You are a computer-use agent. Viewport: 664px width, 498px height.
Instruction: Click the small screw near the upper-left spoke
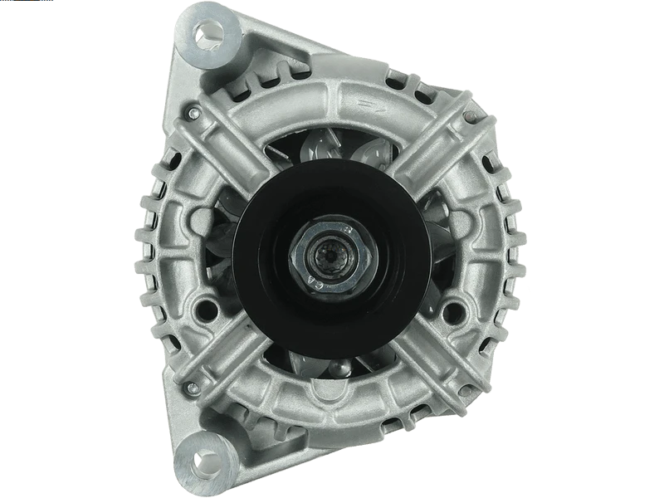coord(193,113)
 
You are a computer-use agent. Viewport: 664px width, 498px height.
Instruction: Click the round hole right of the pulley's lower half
coord(452,313)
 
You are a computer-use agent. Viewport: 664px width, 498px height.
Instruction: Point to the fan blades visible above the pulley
coord(332,149)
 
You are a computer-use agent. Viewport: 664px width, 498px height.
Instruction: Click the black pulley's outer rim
coord(249,249)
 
